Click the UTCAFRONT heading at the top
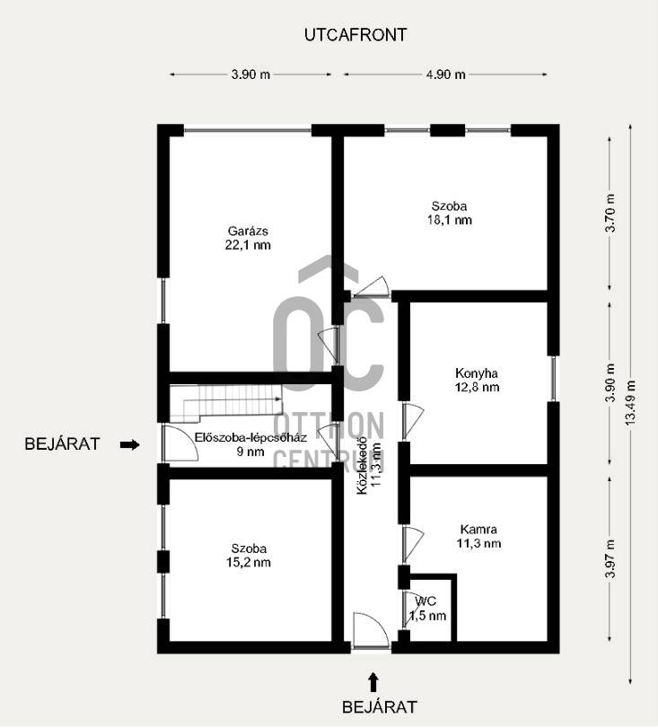point(355,35)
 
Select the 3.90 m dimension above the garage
point(250,75)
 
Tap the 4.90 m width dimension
point(445,75)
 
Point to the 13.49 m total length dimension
point(630,404)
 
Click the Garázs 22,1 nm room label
point(248,238)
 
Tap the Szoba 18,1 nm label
point(449,213)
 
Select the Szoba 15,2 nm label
point(249,556)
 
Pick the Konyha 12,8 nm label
point(477,380)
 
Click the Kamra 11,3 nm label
point(478,536)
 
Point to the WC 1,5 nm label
point(427,609)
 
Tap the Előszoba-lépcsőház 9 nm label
point(250,444)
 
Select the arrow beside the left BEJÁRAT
point(129,444)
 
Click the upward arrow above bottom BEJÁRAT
point(373,682)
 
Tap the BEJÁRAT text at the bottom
point(380,707)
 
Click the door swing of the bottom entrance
point(370,629)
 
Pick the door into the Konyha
point(413,417)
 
